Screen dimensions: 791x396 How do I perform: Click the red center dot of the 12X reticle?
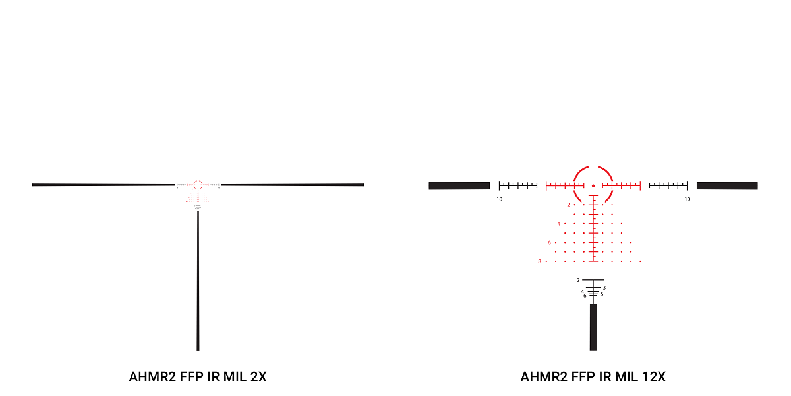(x=593, y=185)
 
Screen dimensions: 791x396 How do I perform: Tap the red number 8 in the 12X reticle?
(x=539, y=261)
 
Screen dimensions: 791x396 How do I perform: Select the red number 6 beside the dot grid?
(x=549, y=242)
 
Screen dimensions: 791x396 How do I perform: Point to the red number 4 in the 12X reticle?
(x=558, y=224)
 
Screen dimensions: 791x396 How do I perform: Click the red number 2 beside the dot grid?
(x=568, y=205)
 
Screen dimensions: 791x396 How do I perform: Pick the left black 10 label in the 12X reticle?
(x=500, y=199)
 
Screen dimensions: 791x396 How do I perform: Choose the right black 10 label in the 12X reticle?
(x=687, y=199)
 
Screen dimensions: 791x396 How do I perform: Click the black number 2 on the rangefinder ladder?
(x=578, y=280)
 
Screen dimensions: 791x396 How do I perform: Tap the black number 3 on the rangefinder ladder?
(x=604, y=288)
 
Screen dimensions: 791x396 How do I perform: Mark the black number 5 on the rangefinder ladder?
(x=602, y=294)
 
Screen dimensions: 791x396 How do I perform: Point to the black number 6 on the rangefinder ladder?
(x=585, y=296)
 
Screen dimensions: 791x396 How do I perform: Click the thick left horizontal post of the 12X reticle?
(x=459, y=185)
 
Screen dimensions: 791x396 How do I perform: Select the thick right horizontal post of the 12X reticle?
(x=727, y=185)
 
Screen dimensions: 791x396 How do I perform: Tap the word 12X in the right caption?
(x=652, y=377)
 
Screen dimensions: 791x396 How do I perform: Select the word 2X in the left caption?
(x=258, y=377)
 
